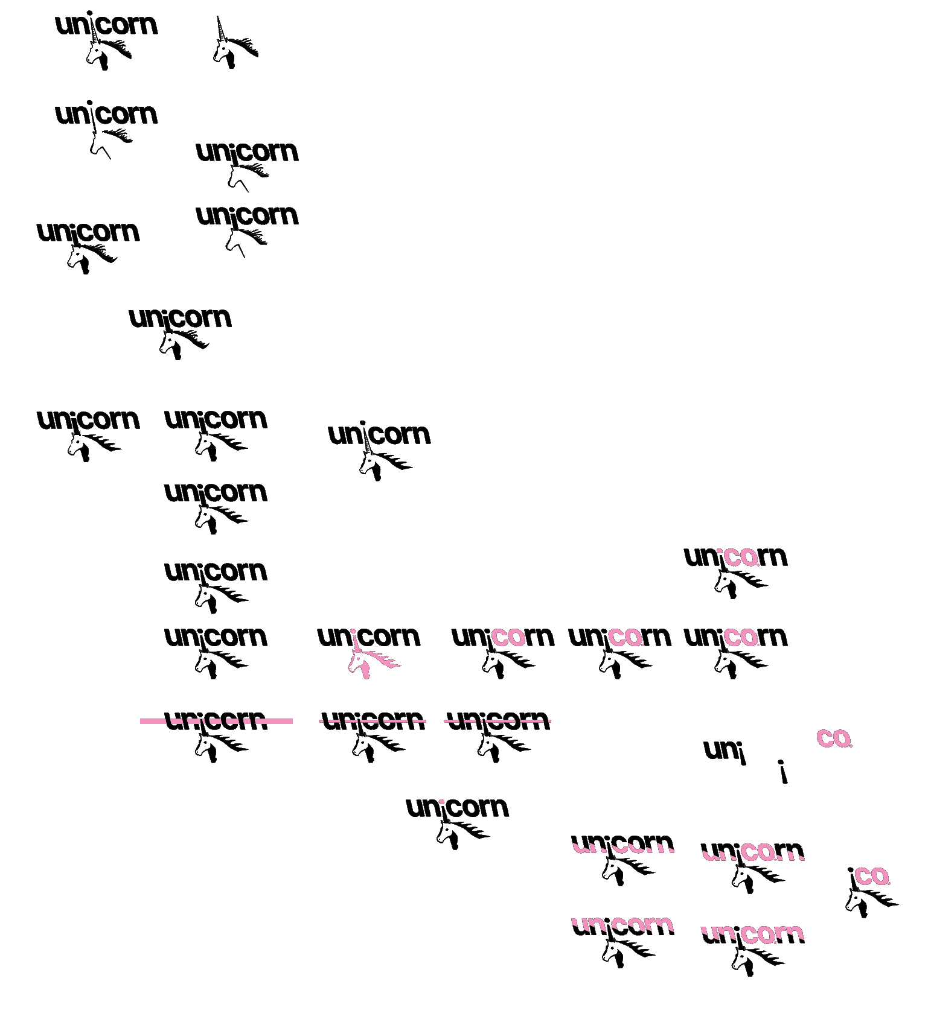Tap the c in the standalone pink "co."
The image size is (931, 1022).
click(825, 738)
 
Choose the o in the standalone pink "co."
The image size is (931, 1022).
click(841, 738)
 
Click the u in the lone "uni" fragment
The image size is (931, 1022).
click(712, 751)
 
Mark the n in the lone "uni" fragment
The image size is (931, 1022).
click(729, 751)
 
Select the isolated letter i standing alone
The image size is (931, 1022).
click(783, 772)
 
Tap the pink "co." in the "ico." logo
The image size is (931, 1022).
click(872, 877)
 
